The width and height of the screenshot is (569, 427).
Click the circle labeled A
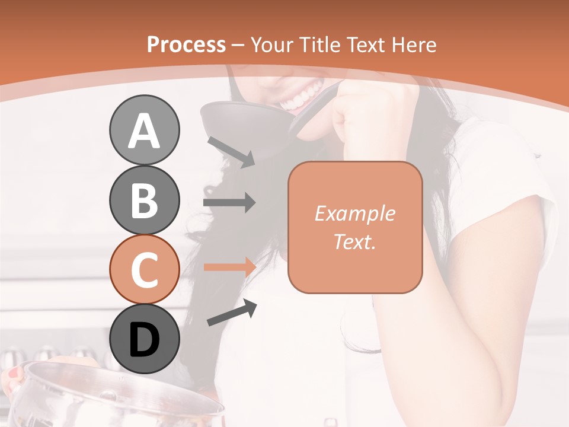click(144, 130)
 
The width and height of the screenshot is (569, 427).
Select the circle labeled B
click(144, 200)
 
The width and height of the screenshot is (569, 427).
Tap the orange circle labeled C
click(144, 269)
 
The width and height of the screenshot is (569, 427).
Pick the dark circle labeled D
click(144, 339)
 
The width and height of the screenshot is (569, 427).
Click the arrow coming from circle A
click(231, 152)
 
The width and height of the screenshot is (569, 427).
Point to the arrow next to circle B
click(229, 203)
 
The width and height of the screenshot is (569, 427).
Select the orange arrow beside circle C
click(229, 267)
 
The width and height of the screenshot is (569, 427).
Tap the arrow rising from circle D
click(232, 313)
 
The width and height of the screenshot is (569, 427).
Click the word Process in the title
click(186, 44)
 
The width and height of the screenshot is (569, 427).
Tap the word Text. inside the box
click(354, 242)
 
